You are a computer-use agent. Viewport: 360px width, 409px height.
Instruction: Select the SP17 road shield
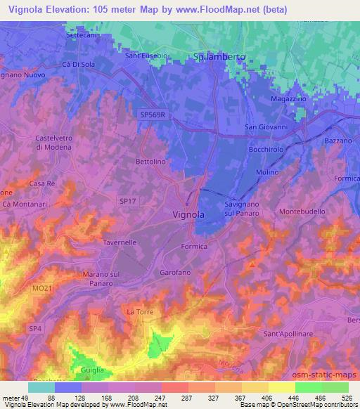127,202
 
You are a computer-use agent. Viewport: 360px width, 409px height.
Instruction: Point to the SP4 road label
33,327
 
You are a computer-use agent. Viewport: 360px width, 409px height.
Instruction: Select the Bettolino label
150,162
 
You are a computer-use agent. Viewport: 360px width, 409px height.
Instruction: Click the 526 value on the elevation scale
345,398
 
